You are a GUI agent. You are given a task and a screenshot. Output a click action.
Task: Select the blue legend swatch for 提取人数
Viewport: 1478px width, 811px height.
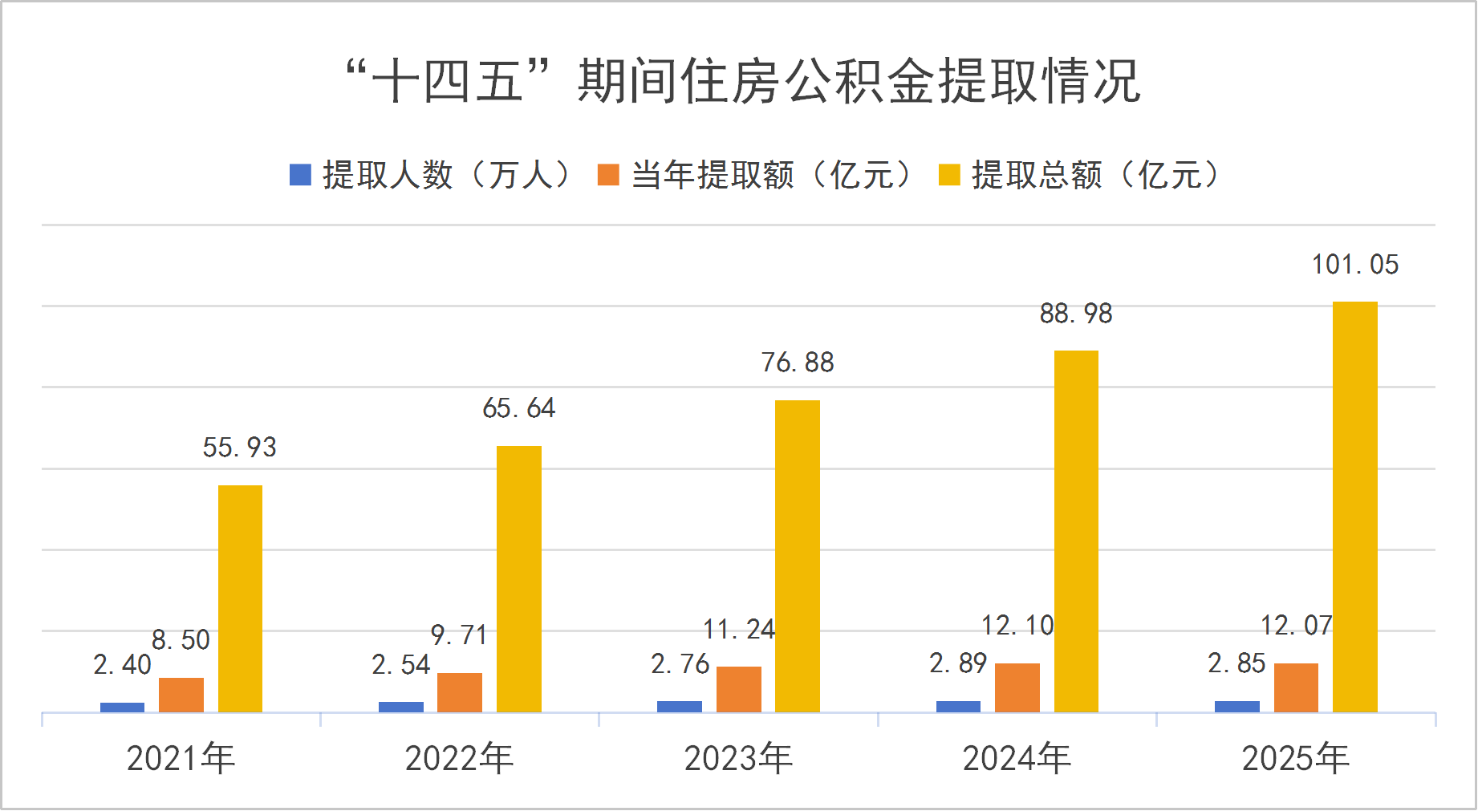(300, 175)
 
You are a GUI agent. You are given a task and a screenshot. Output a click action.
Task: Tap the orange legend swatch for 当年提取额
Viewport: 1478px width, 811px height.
(608, 175)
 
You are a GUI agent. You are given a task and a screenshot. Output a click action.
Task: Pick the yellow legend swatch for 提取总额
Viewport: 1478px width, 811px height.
(949, 175)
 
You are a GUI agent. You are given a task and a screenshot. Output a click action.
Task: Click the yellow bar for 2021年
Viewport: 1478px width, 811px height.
(240, 598)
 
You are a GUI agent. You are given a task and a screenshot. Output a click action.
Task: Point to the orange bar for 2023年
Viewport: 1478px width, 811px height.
(738, 688)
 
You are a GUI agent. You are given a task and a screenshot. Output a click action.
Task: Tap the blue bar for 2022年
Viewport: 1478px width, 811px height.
(400, 707)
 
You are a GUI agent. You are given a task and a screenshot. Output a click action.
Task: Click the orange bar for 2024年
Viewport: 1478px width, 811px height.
(1017, 687)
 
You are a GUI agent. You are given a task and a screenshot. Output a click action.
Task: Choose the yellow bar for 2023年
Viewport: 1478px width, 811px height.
(797, 555)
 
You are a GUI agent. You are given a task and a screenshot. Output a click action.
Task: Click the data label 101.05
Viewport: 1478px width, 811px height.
(1354, 265)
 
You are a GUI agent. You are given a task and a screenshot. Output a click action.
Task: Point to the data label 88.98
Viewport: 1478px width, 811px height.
(1075, 314)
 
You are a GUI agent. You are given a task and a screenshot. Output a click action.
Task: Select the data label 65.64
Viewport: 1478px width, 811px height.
(518, 408)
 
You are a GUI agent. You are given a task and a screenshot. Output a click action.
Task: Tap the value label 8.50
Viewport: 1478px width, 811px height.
(181, 640)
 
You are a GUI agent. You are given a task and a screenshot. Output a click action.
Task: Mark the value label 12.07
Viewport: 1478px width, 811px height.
(1296, 626)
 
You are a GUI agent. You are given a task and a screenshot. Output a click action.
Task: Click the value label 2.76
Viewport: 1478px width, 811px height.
(680, 664)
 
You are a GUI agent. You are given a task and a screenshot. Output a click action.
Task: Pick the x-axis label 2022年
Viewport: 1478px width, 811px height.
(459, 758)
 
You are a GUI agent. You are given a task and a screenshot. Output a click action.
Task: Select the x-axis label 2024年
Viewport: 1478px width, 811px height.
(1017, 758)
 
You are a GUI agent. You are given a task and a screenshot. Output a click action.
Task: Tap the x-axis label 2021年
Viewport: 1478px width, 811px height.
(181, 758)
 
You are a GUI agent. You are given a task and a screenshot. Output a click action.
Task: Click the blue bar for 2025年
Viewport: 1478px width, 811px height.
(1236, 706)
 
